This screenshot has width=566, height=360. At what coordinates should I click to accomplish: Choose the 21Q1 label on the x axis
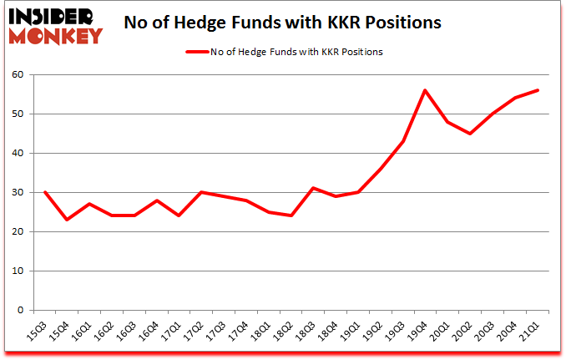pos(528,330)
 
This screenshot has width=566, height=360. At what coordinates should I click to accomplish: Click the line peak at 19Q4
pos(425,90)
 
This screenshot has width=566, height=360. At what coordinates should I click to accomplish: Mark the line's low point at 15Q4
pos(67,220)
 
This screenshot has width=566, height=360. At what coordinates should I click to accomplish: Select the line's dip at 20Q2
pos(470,134)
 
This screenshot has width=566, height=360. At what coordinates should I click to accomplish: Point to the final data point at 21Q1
pos(537,90)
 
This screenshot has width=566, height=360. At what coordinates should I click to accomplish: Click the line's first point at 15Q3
pos(45,192)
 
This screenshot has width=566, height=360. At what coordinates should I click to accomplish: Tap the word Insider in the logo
pos(57,15)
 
